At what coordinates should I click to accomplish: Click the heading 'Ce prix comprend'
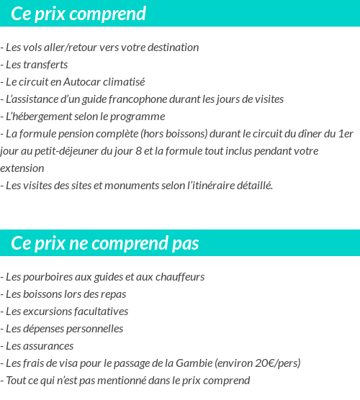click(78, 14)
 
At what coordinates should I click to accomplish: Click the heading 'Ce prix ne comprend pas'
click(105, 243)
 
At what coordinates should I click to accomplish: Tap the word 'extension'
click(22, 168)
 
